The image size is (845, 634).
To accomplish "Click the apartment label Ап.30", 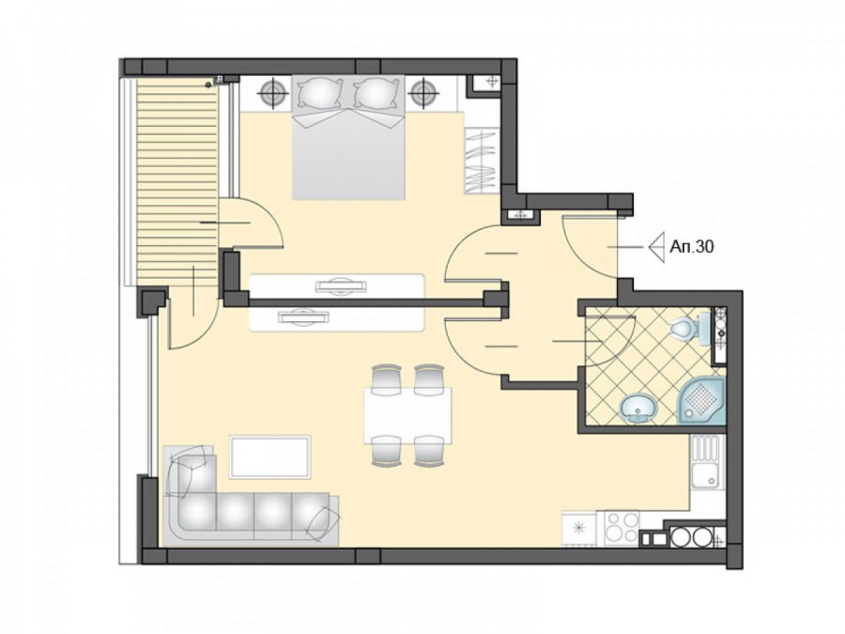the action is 692,247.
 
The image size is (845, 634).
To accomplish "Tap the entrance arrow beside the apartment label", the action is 658,248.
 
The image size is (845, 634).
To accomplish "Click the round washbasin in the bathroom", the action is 638,409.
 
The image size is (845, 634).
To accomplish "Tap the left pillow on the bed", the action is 320,93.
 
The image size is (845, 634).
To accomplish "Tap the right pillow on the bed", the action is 377,93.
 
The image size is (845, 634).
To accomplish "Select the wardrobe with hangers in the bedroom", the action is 480,160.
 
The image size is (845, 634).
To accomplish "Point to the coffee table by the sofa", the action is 270,456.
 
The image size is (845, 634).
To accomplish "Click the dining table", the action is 407,415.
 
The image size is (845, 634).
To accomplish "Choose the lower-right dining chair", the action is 429,451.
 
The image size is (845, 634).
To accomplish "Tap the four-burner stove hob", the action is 622,528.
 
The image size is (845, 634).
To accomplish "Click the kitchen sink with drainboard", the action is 706,461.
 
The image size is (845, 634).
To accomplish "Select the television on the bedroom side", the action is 339,286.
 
